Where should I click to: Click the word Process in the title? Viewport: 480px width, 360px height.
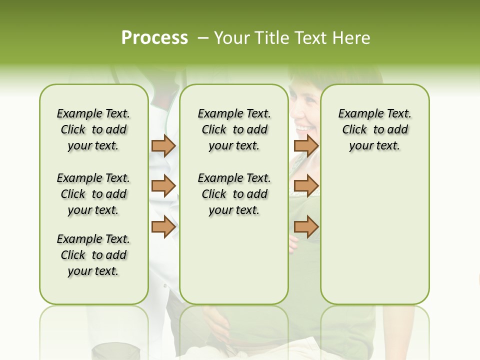(x=154, y=38)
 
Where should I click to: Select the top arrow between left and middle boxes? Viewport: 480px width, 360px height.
(x=163, y=145)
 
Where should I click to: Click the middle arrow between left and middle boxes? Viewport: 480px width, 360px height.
(x=163, y=186)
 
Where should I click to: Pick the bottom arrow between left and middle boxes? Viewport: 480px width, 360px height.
(x=163, y=226)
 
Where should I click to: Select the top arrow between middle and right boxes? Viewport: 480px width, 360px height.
(x=306, y=145)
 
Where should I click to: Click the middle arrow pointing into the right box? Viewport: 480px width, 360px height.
(x=306, y=186)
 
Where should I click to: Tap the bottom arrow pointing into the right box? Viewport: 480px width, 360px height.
(x=306, y=226)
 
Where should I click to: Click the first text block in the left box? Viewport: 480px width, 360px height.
(x=93, y=129)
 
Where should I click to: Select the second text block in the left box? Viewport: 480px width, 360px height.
(x=93, y=194)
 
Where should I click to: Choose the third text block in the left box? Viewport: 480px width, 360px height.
(x=93, y=255)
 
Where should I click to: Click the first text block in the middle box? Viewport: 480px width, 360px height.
(x=234, y=129)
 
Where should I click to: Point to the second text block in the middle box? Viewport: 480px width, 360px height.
(x=234, y=194)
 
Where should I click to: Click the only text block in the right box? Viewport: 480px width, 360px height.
(x=374, y=129)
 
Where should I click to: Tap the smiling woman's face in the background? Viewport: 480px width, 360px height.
(x=306, y=112)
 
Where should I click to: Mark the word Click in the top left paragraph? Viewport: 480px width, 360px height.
(x=73, y=130)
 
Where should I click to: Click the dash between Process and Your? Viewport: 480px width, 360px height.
(x=203, y=38)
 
